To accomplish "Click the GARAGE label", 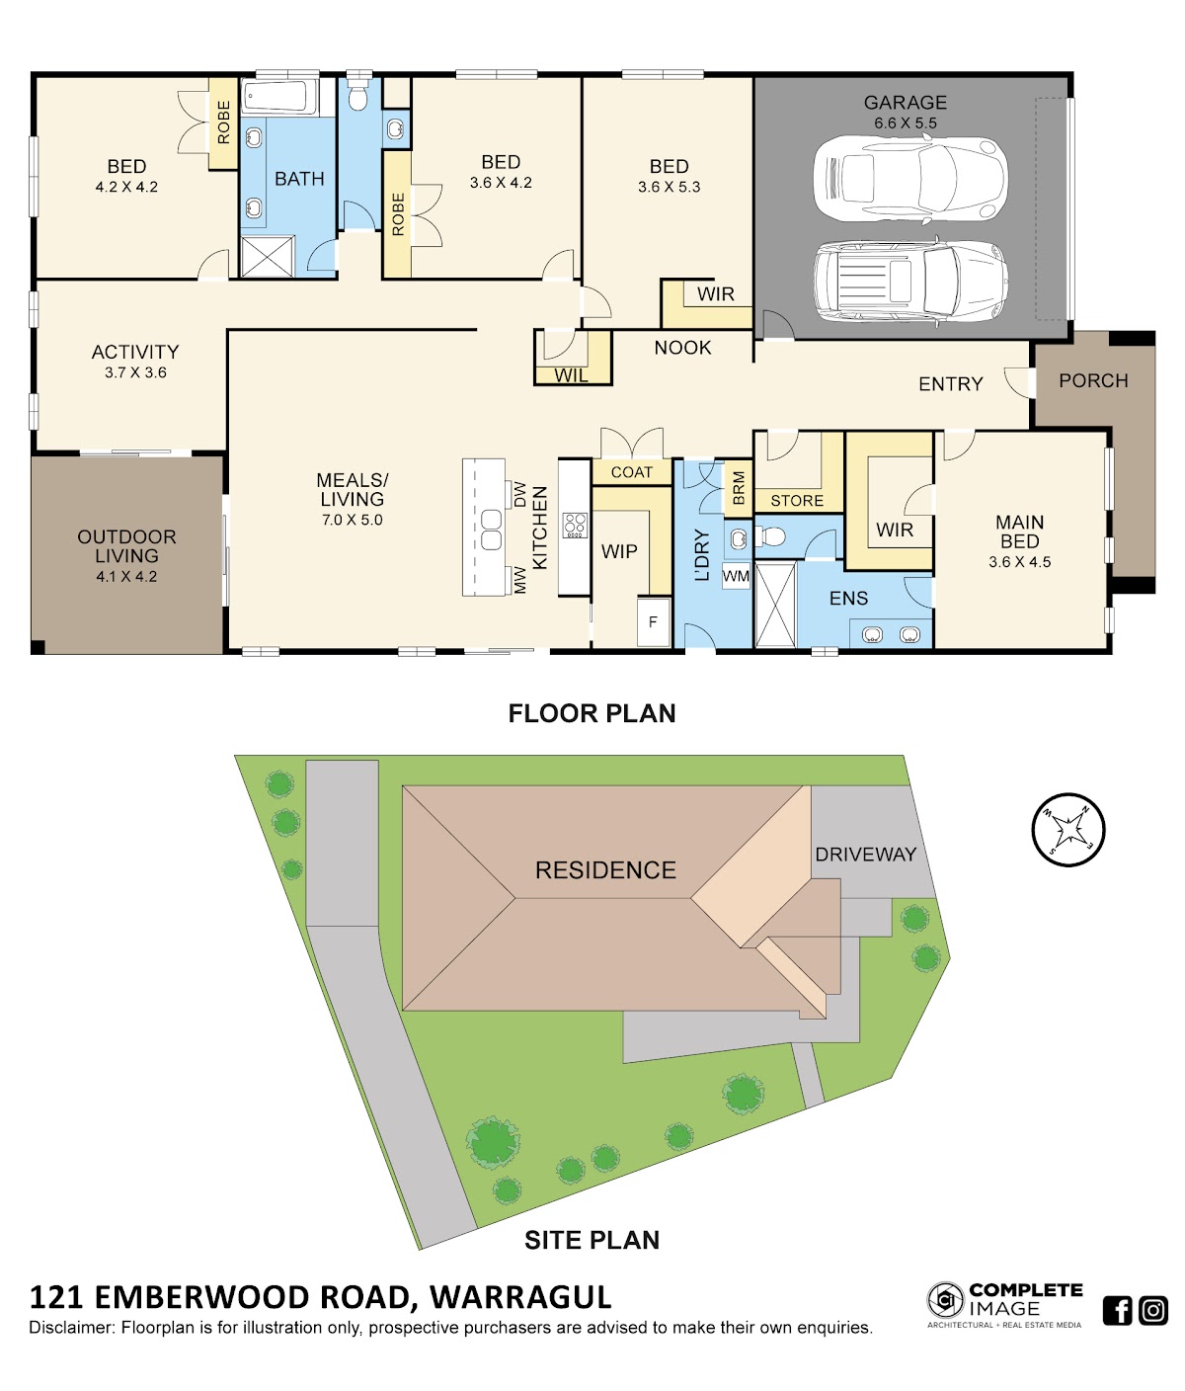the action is (905, 103).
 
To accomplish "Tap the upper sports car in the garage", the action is (909, 179).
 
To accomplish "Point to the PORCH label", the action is (1093, 381).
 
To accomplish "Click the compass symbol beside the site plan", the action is (1067, 830).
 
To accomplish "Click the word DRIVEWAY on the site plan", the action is (866, 855).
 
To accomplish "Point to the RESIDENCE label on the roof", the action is (605, 870).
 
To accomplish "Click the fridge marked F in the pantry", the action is (653, 621).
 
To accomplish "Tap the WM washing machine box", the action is (736, 576).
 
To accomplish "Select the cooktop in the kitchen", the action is (575, 526).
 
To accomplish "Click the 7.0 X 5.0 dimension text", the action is (352, 520).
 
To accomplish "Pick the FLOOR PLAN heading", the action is (592, 713).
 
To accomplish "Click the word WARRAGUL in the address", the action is (520, 1297).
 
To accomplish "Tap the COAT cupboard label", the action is (632, 472).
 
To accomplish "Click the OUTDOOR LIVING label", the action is (127, 546).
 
